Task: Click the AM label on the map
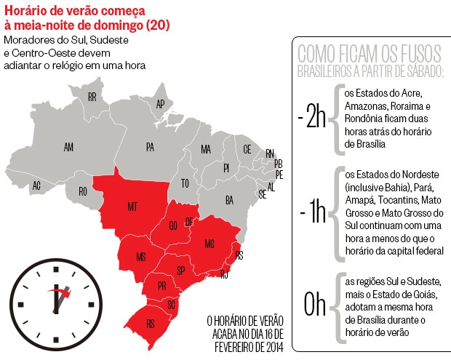pyautogui.click(x=68, y=148)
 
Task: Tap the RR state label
pyautogui.click(x=92, y=97)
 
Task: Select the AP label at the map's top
pyautogui.click(x=160, y=104)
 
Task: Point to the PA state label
pyautogui.click(x=150, y=148)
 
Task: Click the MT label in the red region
pyautogui.click(x=132, y=207)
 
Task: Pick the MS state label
pyautogui.click(x=141, y=256)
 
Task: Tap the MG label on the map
pyautogui.click(x=209, y=243)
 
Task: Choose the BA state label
pyautogui.click(x=229, y=199)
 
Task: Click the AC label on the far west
pyautogui.click(x=36, y=185)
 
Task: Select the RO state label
pyautogui.click(x=83, y=191)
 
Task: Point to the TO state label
pyautogui.click(x=185, y=183)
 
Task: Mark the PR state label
pyautogui.click(x=161, y=287)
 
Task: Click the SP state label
pyautogui.click(x=180, y=271)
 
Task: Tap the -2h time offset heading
pyautogui.click(x=311, y=119)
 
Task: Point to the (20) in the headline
pyautogui.click(x=157, y=26)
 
